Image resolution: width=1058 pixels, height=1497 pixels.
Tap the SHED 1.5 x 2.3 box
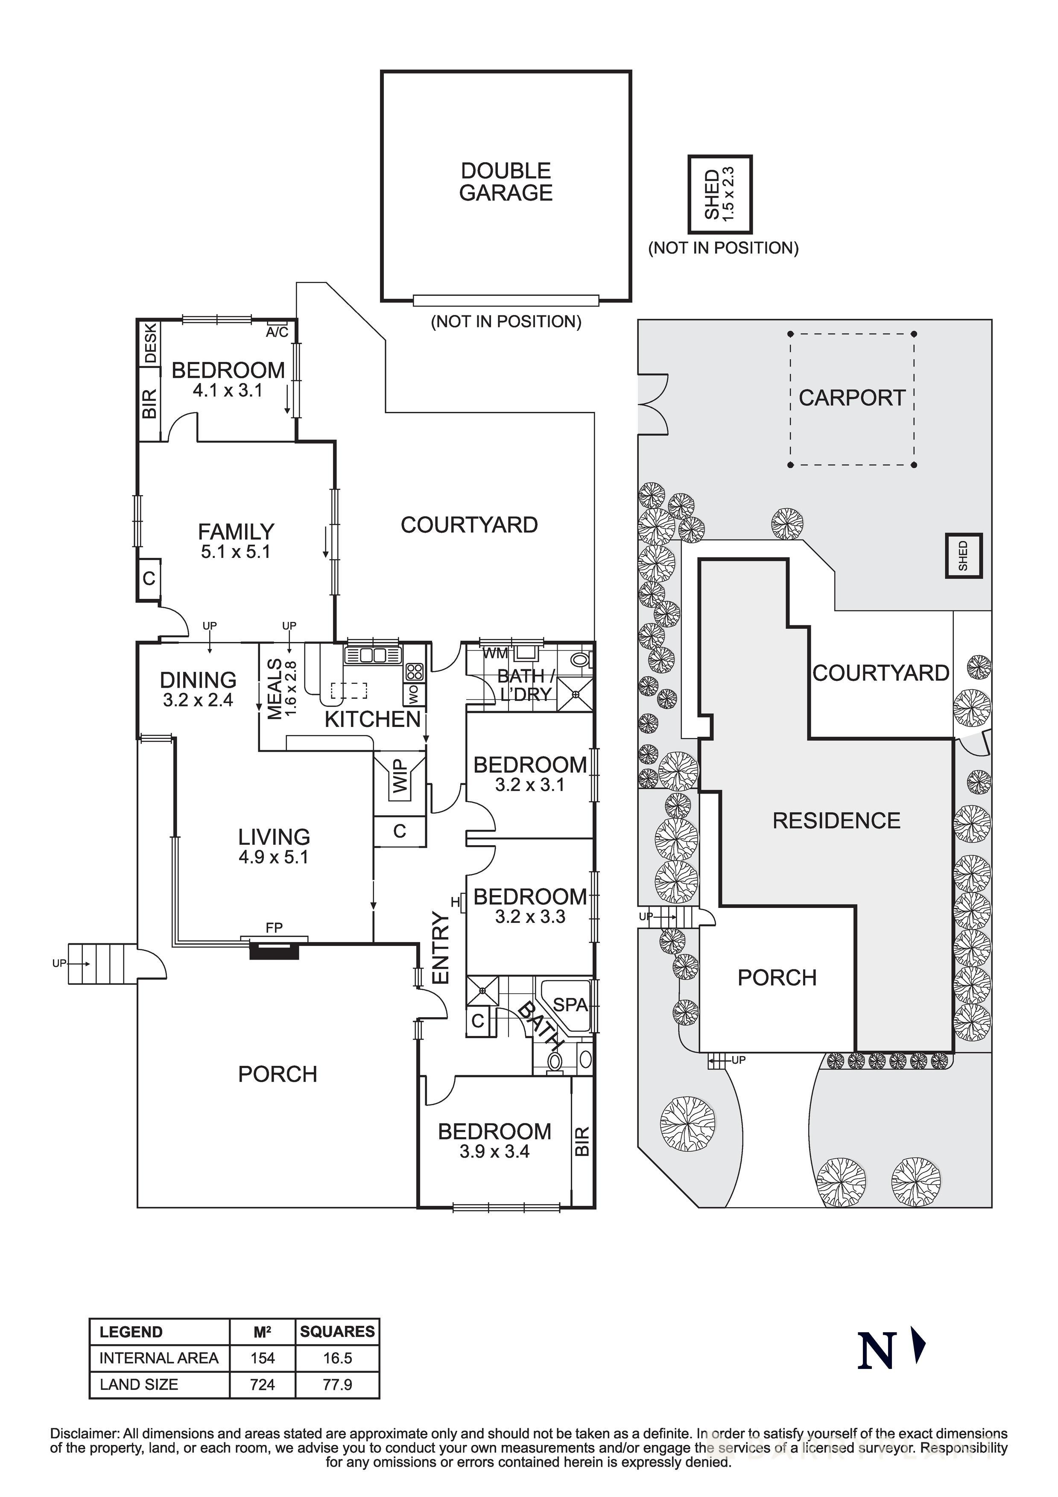(720, 194)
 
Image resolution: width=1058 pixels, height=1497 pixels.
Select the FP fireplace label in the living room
(274, 927)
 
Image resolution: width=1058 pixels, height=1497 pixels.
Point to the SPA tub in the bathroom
(570, 1005)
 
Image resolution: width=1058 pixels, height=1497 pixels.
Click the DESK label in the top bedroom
(150, 344)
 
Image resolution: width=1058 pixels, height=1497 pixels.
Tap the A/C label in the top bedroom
(277, 333)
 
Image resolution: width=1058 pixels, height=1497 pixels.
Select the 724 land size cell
(262, 1384)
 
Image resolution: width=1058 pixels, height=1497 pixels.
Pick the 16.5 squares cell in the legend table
(337, 1358)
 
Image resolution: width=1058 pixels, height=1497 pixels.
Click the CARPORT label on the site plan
(852, 398)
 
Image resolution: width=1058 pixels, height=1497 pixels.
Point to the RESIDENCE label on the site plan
(836, 820)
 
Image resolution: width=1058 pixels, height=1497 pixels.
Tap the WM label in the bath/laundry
(495, 653)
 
